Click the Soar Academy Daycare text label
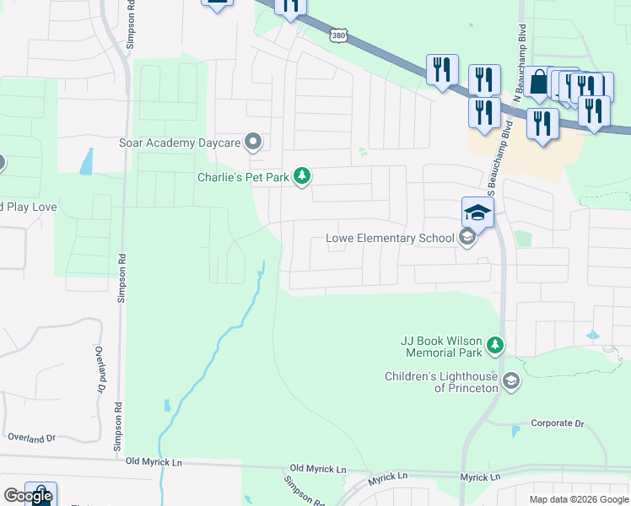tap(180, 143)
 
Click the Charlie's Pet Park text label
tap(243, 177)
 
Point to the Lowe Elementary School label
tap(390, 239)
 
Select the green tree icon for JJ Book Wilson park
tap(496, 345)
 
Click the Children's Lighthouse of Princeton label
tap(441, 382)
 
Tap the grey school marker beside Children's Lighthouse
tap(510, 382)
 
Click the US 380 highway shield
tap(338, 35)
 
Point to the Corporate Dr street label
tap(558, 423)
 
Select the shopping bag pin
tap(538, 83)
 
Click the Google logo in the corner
tap(28, 496)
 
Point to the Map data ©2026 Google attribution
tap(578, 499)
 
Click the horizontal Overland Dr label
tap(31, 438)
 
